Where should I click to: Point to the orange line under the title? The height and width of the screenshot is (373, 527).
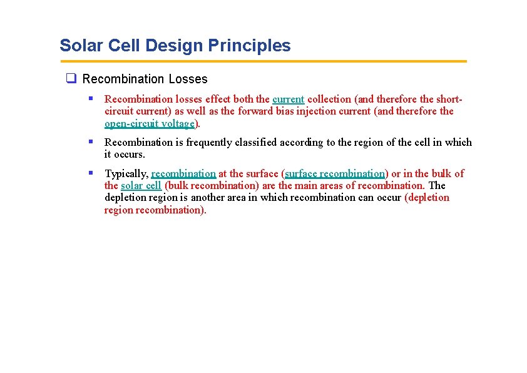[263, 61]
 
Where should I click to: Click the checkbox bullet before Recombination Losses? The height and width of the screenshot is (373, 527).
[71, 79]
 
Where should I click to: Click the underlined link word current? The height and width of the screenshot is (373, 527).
[288, 99]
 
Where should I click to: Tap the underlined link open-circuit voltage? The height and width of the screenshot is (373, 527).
[150, 123]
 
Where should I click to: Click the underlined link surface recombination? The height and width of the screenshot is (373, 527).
[335, 173]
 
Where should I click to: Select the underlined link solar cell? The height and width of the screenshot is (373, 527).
[141, 185]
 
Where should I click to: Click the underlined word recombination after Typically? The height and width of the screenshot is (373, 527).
[183, 173]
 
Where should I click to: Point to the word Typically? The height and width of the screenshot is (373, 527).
[126, 173]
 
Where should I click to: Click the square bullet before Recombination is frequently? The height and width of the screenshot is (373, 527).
[91, 141]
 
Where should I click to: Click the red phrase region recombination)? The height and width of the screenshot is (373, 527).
[155, 210]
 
